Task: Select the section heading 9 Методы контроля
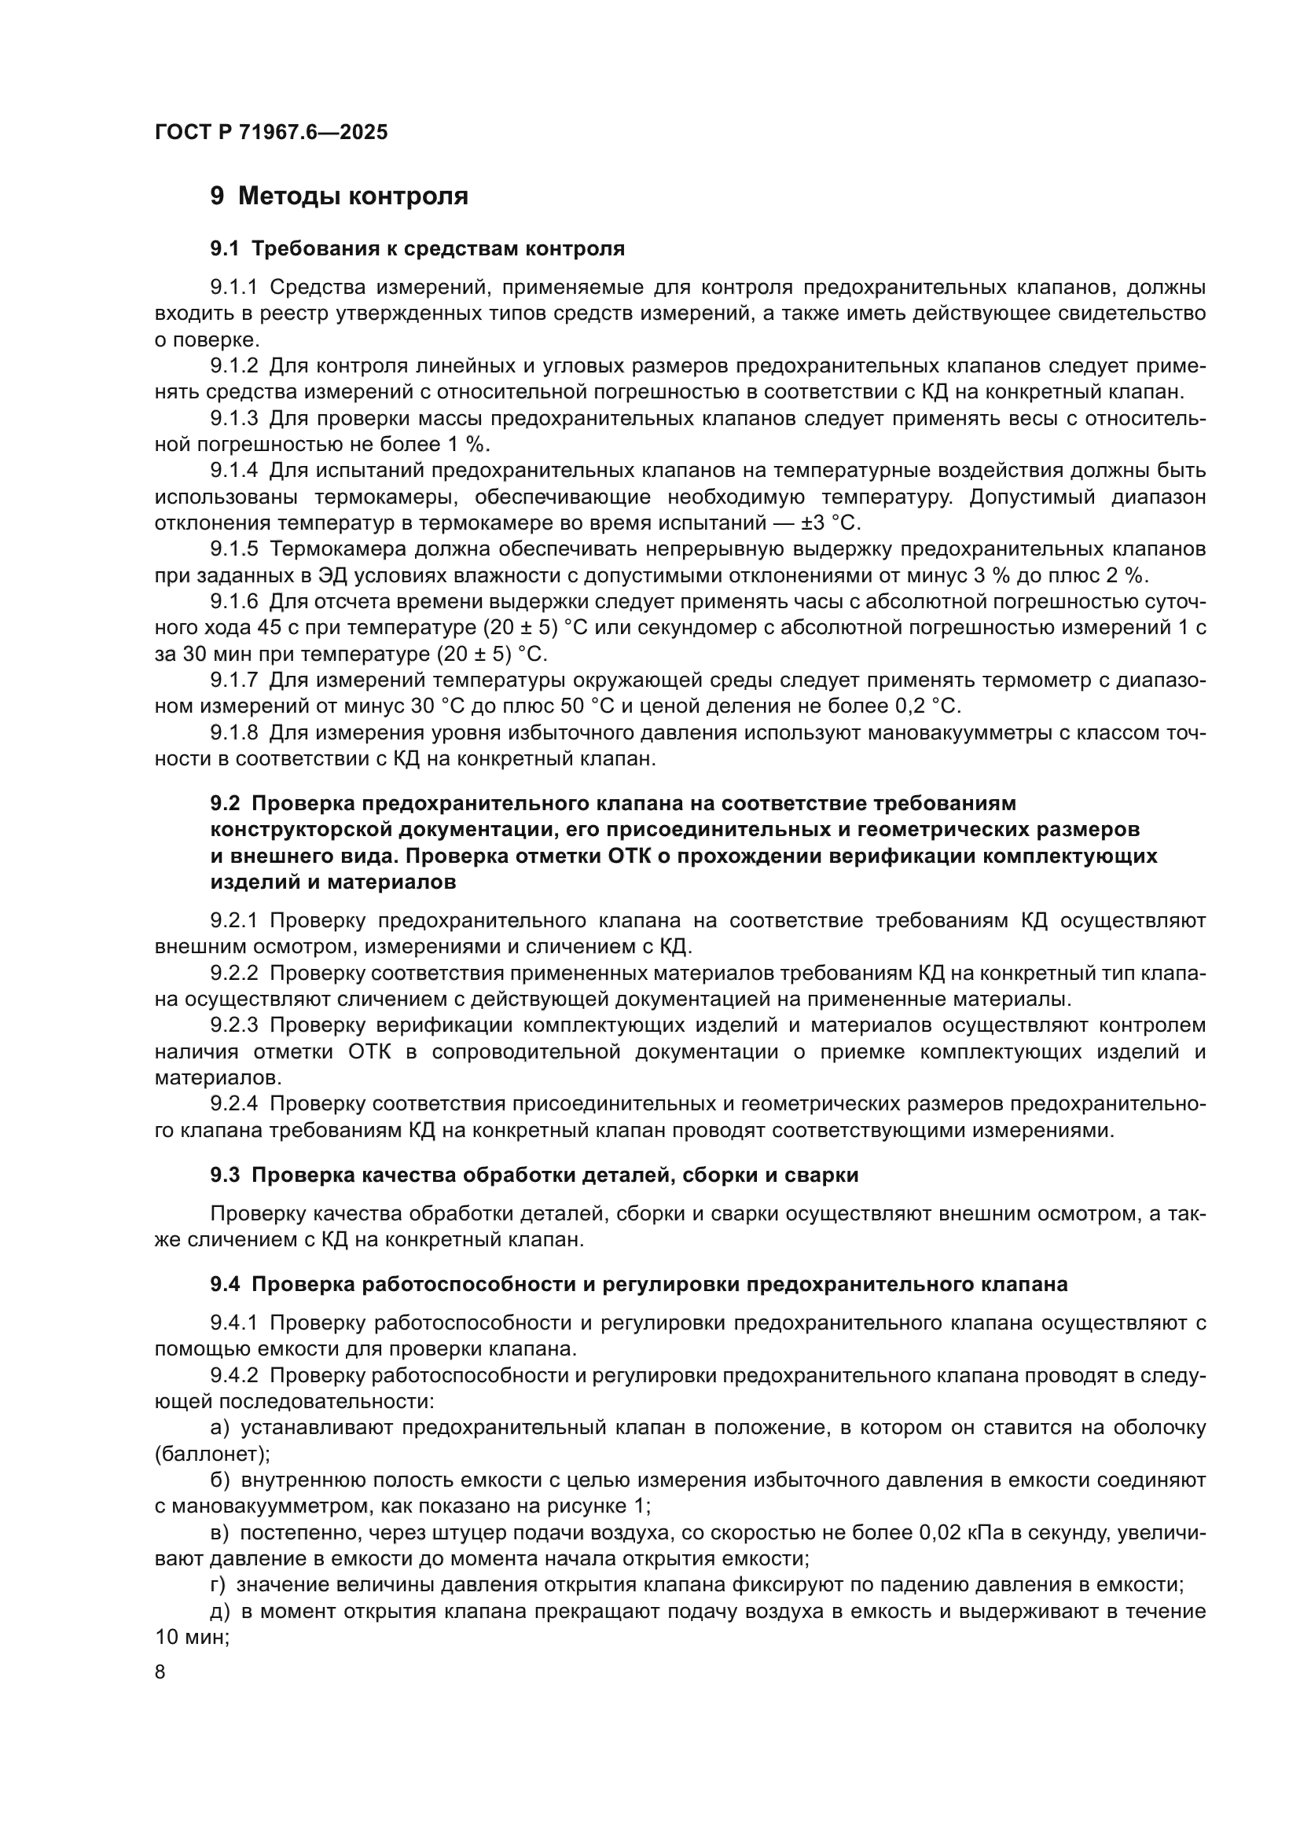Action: (339, 196)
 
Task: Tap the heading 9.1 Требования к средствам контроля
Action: (417, 249)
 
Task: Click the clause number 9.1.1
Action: (233, 288)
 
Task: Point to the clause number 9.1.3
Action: (233, 419)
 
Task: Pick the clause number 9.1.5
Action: (233, 549)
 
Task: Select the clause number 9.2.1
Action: (233, 921)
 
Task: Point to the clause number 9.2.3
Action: (233, 1025)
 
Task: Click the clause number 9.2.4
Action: (233, 1104)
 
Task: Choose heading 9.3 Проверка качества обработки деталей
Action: (534, 1175)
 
